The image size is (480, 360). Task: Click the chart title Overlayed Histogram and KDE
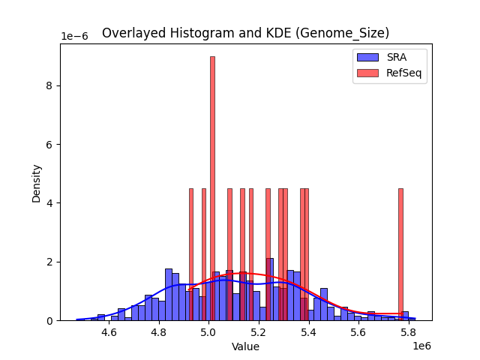245,33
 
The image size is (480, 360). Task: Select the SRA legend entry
389,57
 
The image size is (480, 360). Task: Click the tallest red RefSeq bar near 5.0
212,187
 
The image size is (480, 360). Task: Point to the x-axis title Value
245,346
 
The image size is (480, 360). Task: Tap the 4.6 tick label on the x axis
109,332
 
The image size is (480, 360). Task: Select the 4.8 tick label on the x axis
159,332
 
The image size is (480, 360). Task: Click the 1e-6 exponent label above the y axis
74,36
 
